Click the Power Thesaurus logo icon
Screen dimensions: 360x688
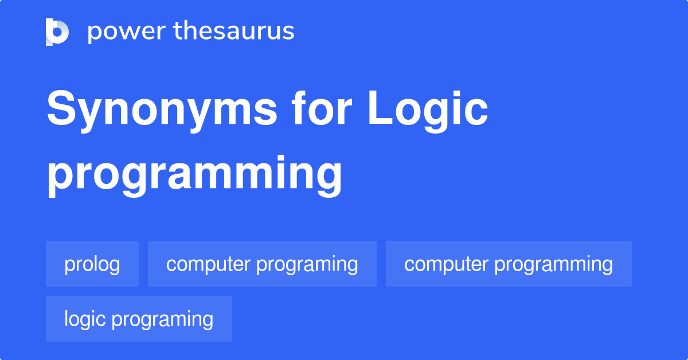click(x=57, y=32)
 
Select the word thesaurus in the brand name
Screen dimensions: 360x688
click(x=234, y=32)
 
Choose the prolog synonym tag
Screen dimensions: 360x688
click(x=92, y=264)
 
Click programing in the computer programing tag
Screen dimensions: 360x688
click(x=307, y=265)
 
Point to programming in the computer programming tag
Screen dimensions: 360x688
click(x=553, y=265)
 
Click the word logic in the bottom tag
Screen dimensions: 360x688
click(x=87, y=319)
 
